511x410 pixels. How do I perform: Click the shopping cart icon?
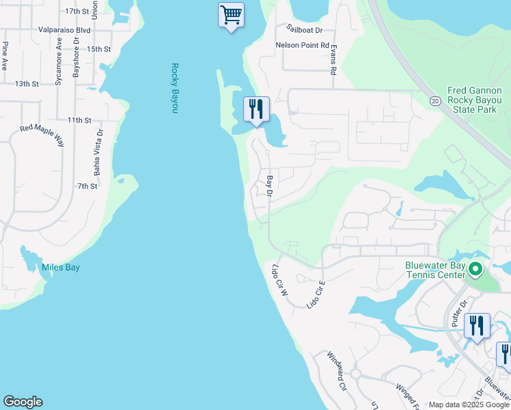(x=232, y=14)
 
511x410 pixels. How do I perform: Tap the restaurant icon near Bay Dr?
(x=256, y=109)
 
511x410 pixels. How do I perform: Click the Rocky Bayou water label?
(x=175, y=88)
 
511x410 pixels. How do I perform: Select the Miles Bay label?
(x=61, y=267)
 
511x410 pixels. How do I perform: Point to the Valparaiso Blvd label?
(x=64, y=30)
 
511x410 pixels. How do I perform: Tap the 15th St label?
(x=98, y=49)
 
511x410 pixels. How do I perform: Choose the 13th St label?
(x=27, y=83)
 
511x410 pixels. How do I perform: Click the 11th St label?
(x=79, y=120)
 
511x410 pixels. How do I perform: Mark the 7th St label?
(x=87, y=186)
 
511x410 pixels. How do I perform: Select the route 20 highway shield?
(x=435, y=100)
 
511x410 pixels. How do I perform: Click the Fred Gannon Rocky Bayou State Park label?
(x=475, y=100)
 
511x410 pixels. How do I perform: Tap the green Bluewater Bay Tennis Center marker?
(x=476, y=269)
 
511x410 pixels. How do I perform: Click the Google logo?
(x=23, y=402)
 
